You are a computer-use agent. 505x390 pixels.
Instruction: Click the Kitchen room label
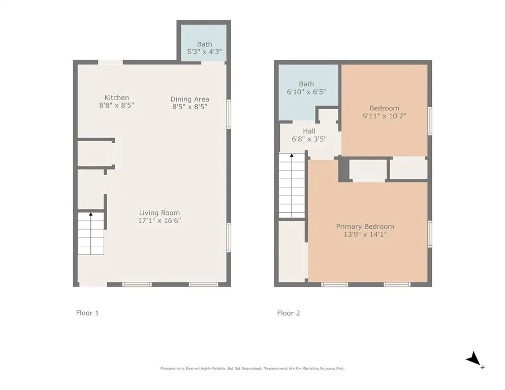coord(116,97)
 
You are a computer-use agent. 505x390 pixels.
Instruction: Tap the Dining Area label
coord(190,99)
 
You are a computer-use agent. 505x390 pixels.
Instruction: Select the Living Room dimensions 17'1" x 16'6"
coord(160,220)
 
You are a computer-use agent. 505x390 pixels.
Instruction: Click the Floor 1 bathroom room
coord(204,43)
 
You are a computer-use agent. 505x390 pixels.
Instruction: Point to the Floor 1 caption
coord(87,313)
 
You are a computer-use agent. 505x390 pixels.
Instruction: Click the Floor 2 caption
coord(289,313)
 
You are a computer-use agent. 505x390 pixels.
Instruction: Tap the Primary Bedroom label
coord(365,226)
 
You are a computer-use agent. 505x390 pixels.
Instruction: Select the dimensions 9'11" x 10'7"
coord(384,116)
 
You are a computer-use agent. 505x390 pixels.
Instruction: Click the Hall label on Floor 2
coord(309,131)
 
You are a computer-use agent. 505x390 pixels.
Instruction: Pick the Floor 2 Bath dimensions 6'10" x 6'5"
coord(306,92)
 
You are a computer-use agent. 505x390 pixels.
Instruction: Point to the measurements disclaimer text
coord(252,368)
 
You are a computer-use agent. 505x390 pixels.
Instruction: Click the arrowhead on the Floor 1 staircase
coord(91,214)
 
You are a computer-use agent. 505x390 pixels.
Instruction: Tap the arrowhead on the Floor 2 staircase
coord(292,155)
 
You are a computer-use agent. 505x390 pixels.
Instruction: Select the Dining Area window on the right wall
coord(229,114)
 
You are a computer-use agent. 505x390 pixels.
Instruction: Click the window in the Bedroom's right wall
coord(430,121)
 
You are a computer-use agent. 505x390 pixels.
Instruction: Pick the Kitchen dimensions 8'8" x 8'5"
coord(116,105)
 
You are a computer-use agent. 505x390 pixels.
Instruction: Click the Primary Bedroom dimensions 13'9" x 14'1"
coord(365,235)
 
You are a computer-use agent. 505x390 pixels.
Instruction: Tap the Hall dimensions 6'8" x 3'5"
coord(309,139)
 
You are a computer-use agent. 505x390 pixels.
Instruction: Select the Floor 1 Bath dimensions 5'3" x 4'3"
coord(205,51)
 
